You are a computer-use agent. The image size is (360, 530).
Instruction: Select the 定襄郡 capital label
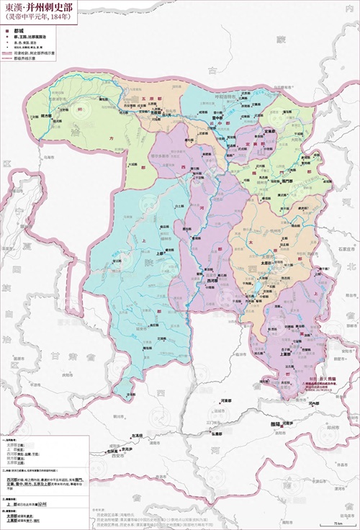click(250, 132)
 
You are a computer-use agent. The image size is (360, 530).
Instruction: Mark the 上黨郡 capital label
click(282, 354)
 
